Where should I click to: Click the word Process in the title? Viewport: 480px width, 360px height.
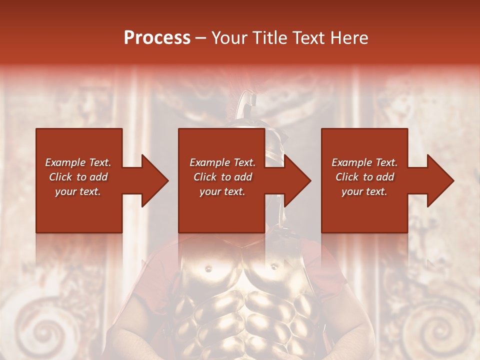coord(157,38)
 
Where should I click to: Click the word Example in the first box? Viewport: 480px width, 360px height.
coord(65,162)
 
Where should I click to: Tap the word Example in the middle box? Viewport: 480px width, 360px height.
coord(209,162)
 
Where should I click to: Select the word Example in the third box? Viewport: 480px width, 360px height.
coord(351,162)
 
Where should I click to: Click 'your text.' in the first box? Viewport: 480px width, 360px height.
coord(78,191)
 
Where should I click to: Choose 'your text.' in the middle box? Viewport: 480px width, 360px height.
coord(222,191)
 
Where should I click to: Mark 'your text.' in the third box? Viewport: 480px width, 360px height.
coord(364,191)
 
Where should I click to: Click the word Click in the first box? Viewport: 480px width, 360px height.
coord(60,177)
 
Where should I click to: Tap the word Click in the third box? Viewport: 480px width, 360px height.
coord(347,177)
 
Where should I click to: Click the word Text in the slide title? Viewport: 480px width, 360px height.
coord(307,38)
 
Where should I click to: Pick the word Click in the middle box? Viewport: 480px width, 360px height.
coord(205,177)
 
